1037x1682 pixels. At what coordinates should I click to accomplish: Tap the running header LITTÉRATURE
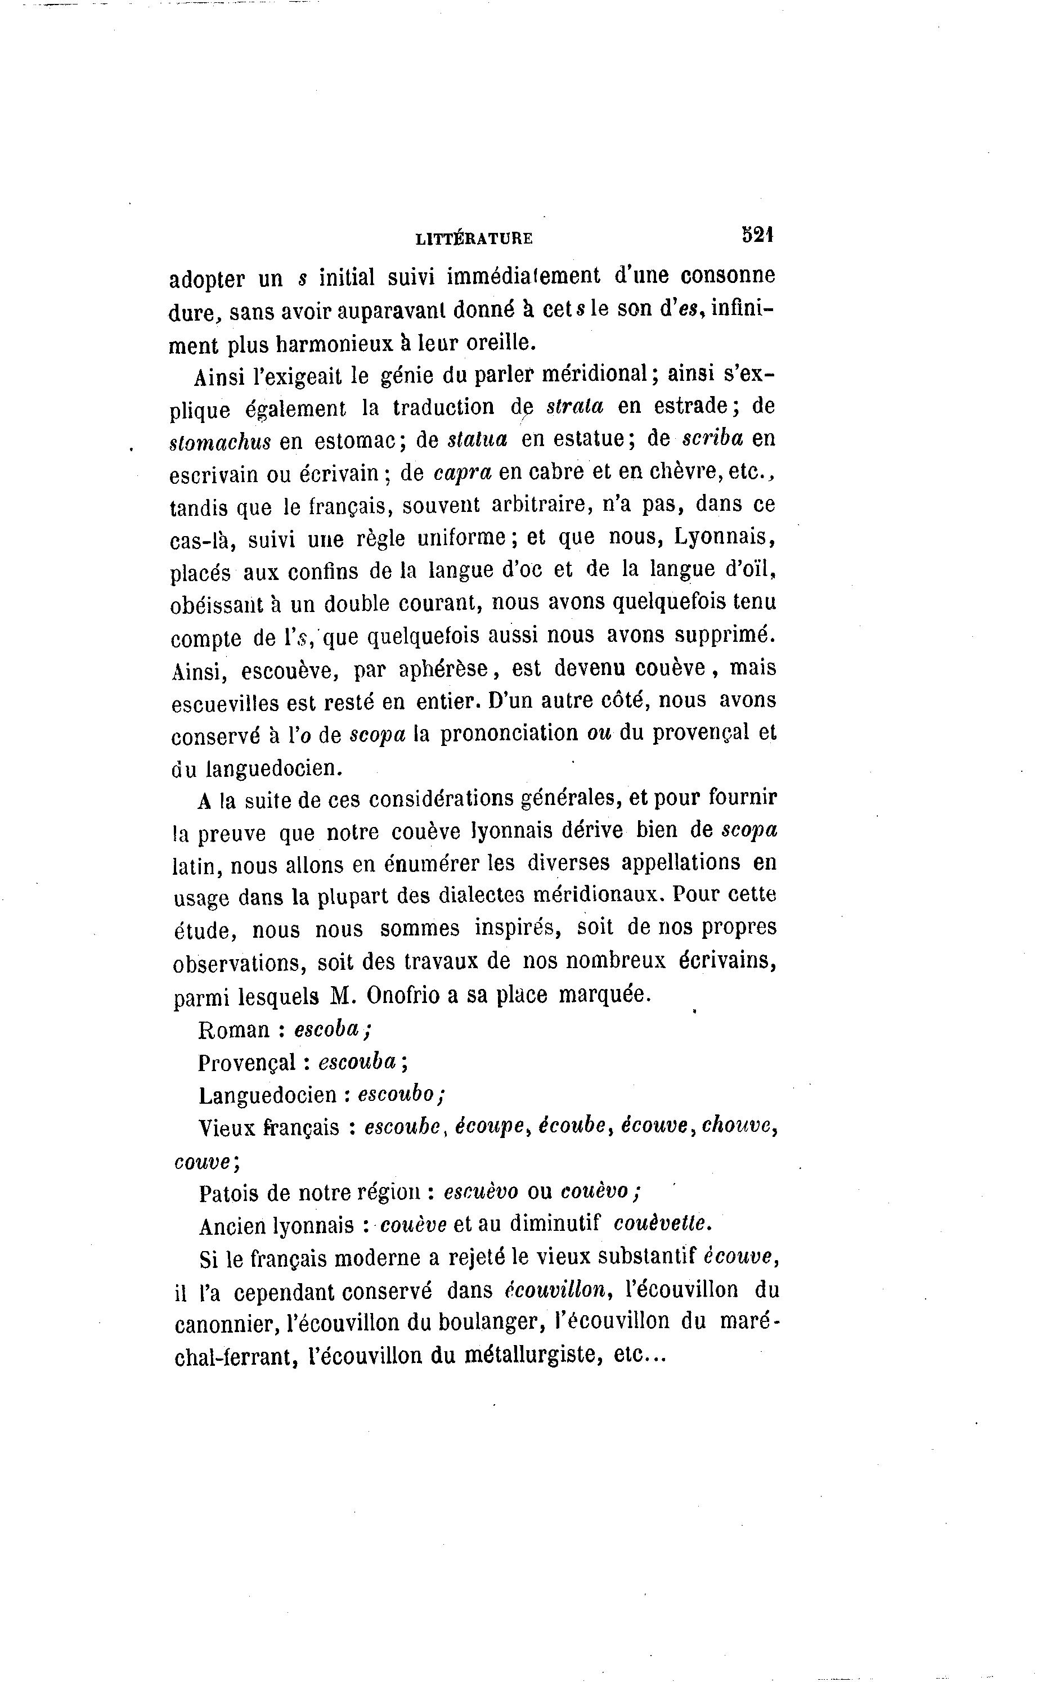point(474,239)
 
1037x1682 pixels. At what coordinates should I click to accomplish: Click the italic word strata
point(574,407)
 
